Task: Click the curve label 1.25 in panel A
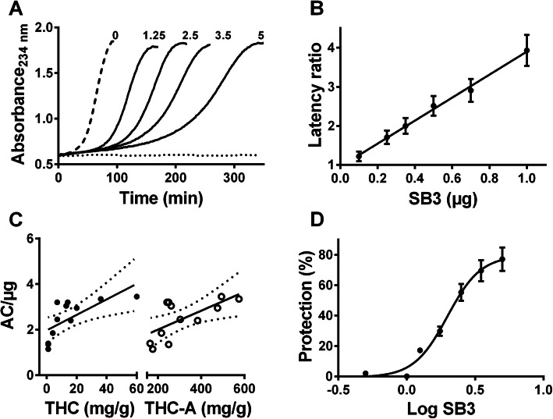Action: pos(154,35)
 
